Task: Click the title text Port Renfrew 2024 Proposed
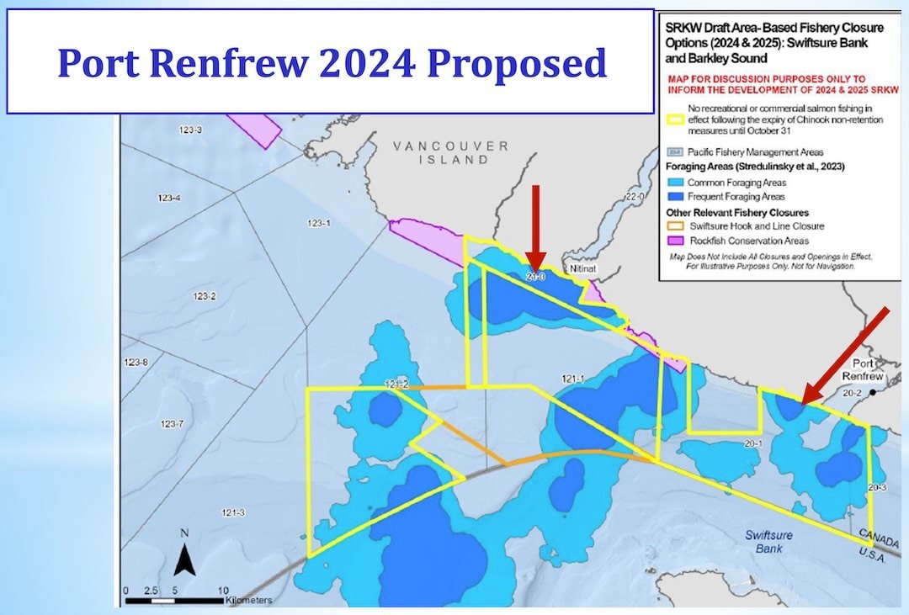click(332, 63)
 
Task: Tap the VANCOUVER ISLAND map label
click(450, 152)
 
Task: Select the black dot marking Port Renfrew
click(874, 392)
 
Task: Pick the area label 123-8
click(135, 363)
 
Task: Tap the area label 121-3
click(233, 513)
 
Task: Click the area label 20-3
click(877, 487)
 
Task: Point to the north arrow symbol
click(185, 556)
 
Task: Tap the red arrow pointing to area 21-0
click(535, 227)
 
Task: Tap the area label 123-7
click(172, 423)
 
